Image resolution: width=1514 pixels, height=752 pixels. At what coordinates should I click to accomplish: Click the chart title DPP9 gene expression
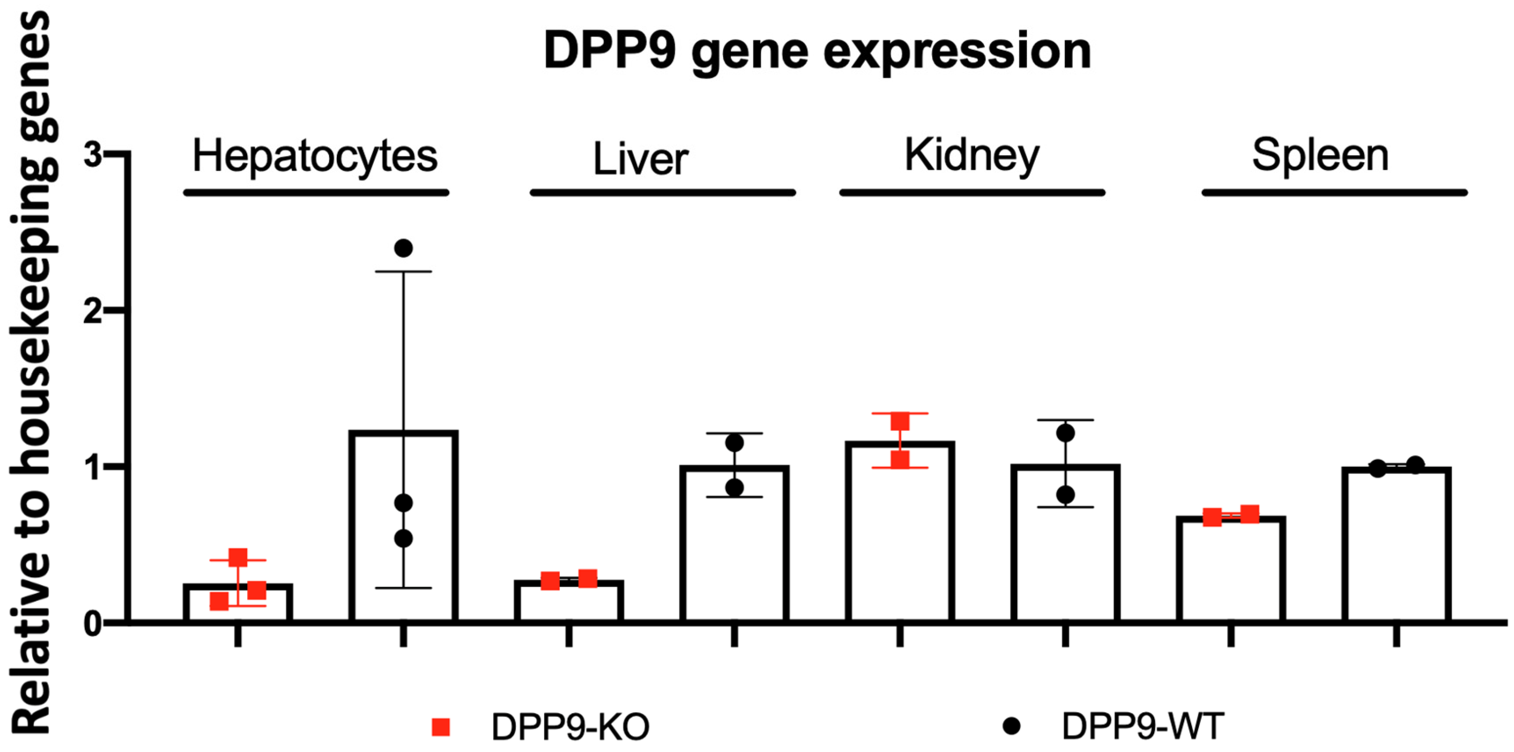coord(817,52)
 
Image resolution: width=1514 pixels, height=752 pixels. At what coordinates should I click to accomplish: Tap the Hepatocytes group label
coord(315,156)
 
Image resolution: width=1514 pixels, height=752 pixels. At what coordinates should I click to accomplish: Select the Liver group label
coord(641,159)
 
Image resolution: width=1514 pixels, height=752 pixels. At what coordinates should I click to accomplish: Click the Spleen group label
coord(1320,155)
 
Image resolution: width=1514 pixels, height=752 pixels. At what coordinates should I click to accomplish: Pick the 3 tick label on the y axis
coord(92,155)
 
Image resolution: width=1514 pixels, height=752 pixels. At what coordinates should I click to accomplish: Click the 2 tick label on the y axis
coord(92,311)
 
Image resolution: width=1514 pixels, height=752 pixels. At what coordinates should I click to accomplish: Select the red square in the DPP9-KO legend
coord(441,727)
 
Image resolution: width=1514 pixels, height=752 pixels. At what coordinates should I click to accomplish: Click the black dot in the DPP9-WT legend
coord(1012,726)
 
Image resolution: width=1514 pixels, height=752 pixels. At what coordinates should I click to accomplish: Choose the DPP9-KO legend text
coord(570,727)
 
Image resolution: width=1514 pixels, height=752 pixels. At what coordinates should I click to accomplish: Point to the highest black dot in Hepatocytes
coord(403,248)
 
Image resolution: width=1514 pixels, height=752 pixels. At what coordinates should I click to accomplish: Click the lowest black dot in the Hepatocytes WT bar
coord(403,538)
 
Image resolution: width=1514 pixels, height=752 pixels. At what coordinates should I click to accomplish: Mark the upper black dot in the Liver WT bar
coord(734,442)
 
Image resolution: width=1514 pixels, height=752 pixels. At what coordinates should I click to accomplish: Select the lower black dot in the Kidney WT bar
coord(1066,495)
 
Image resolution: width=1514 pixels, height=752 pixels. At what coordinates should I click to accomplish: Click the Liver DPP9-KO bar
coord(569,602)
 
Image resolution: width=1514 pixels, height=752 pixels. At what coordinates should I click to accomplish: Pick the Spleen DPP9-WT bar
coord(1396,546)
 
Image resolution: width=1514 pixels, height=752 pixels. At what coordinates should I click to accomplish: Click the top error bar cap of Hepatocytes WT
coord(403,271)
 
